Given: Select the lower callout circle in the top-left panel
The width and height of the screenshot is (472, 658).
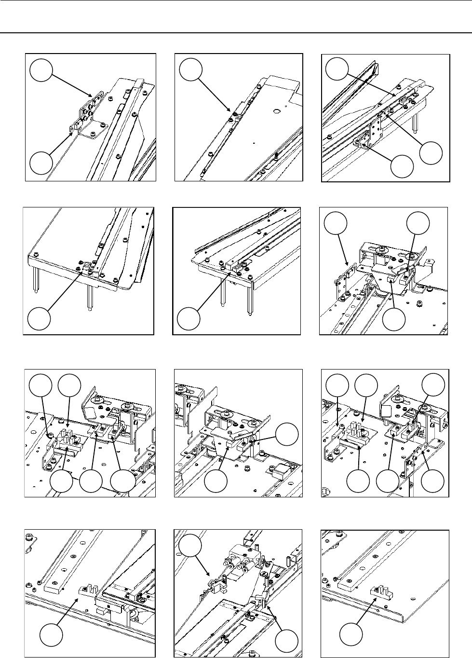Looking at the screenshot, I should pyautogui.click(x=41, y=163).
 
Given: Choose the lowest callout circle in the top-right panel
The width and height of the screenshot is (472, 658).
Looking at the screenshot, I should pyautogui.click(x=402, y=166).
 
